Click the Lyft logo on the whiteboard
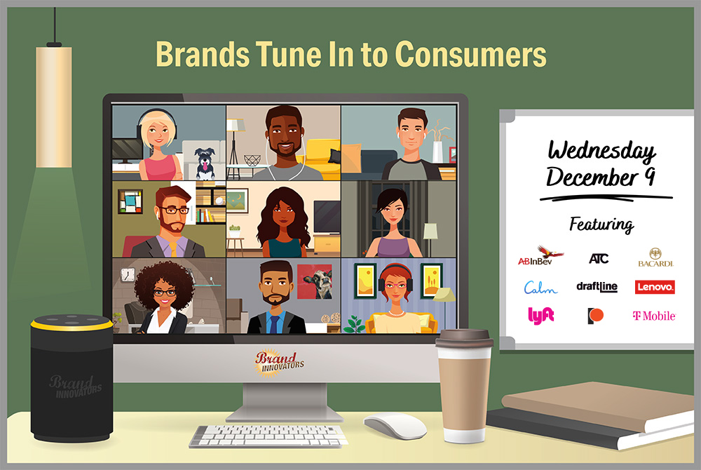coord(540,315)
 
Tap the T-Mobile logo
coord(653,316)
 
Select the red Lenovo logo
coord(655,287)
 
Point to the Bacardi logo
coord(655,257)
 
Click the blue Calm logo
coord(540,287)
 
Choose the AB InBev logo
coord(540,256)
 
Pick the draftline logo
coord(597,287)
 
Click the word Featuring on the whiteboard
coord(601,224)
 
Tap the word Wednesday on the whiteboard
coord(601,150)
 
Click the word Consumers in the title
coord(471,55)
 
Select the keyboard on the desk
coord(268,436)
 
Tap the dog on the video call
coord(205,163)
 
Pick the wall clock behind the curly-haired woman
coord(128,274)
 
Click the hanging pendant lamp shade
coord(54,107)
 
